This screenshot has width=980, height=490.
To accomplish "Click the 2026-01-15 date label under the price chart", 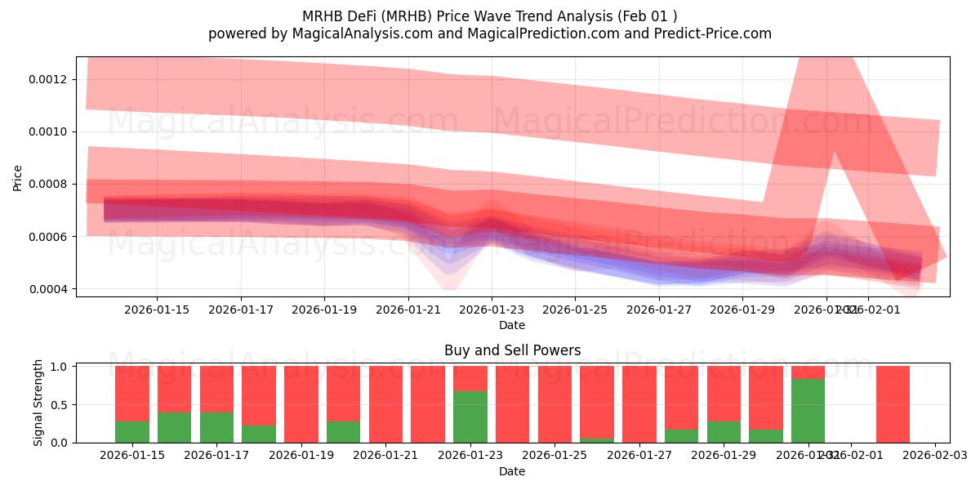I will [x=157, y=310].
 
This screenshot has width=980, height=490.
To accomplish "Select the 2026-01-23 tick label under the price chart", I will [x=492, y=310].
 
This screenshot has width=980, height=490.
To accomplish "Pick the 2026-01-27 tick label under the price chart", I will [x=659, y=310].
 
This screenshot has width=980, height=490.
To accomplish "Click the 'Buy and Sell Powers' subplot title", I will [x=512, y=350].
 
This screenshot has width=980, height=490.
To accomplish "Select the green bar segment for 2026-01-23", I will [x=470, y=416].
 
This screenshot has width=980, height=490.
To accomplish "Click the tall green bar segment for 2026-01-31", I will [x=808, y=410].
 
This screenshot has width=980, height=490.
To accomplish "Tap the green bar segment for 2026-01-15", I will [x=132, y=431].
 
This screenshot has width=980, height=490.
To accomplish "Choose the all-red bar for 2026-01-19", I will [x=301, y=404].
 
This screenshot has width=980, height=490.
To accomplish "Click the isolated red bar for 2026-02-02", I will [x=893, y=404].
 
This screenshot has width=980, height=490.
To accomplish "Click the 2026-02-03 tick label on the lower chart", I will [x=934, y=455].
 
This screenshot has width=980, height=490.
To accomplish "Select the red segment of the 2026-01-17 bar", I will [x=216, y=389].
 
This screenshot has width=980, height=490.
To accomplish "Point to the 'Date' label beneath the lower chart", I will [x=512, y=471].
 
